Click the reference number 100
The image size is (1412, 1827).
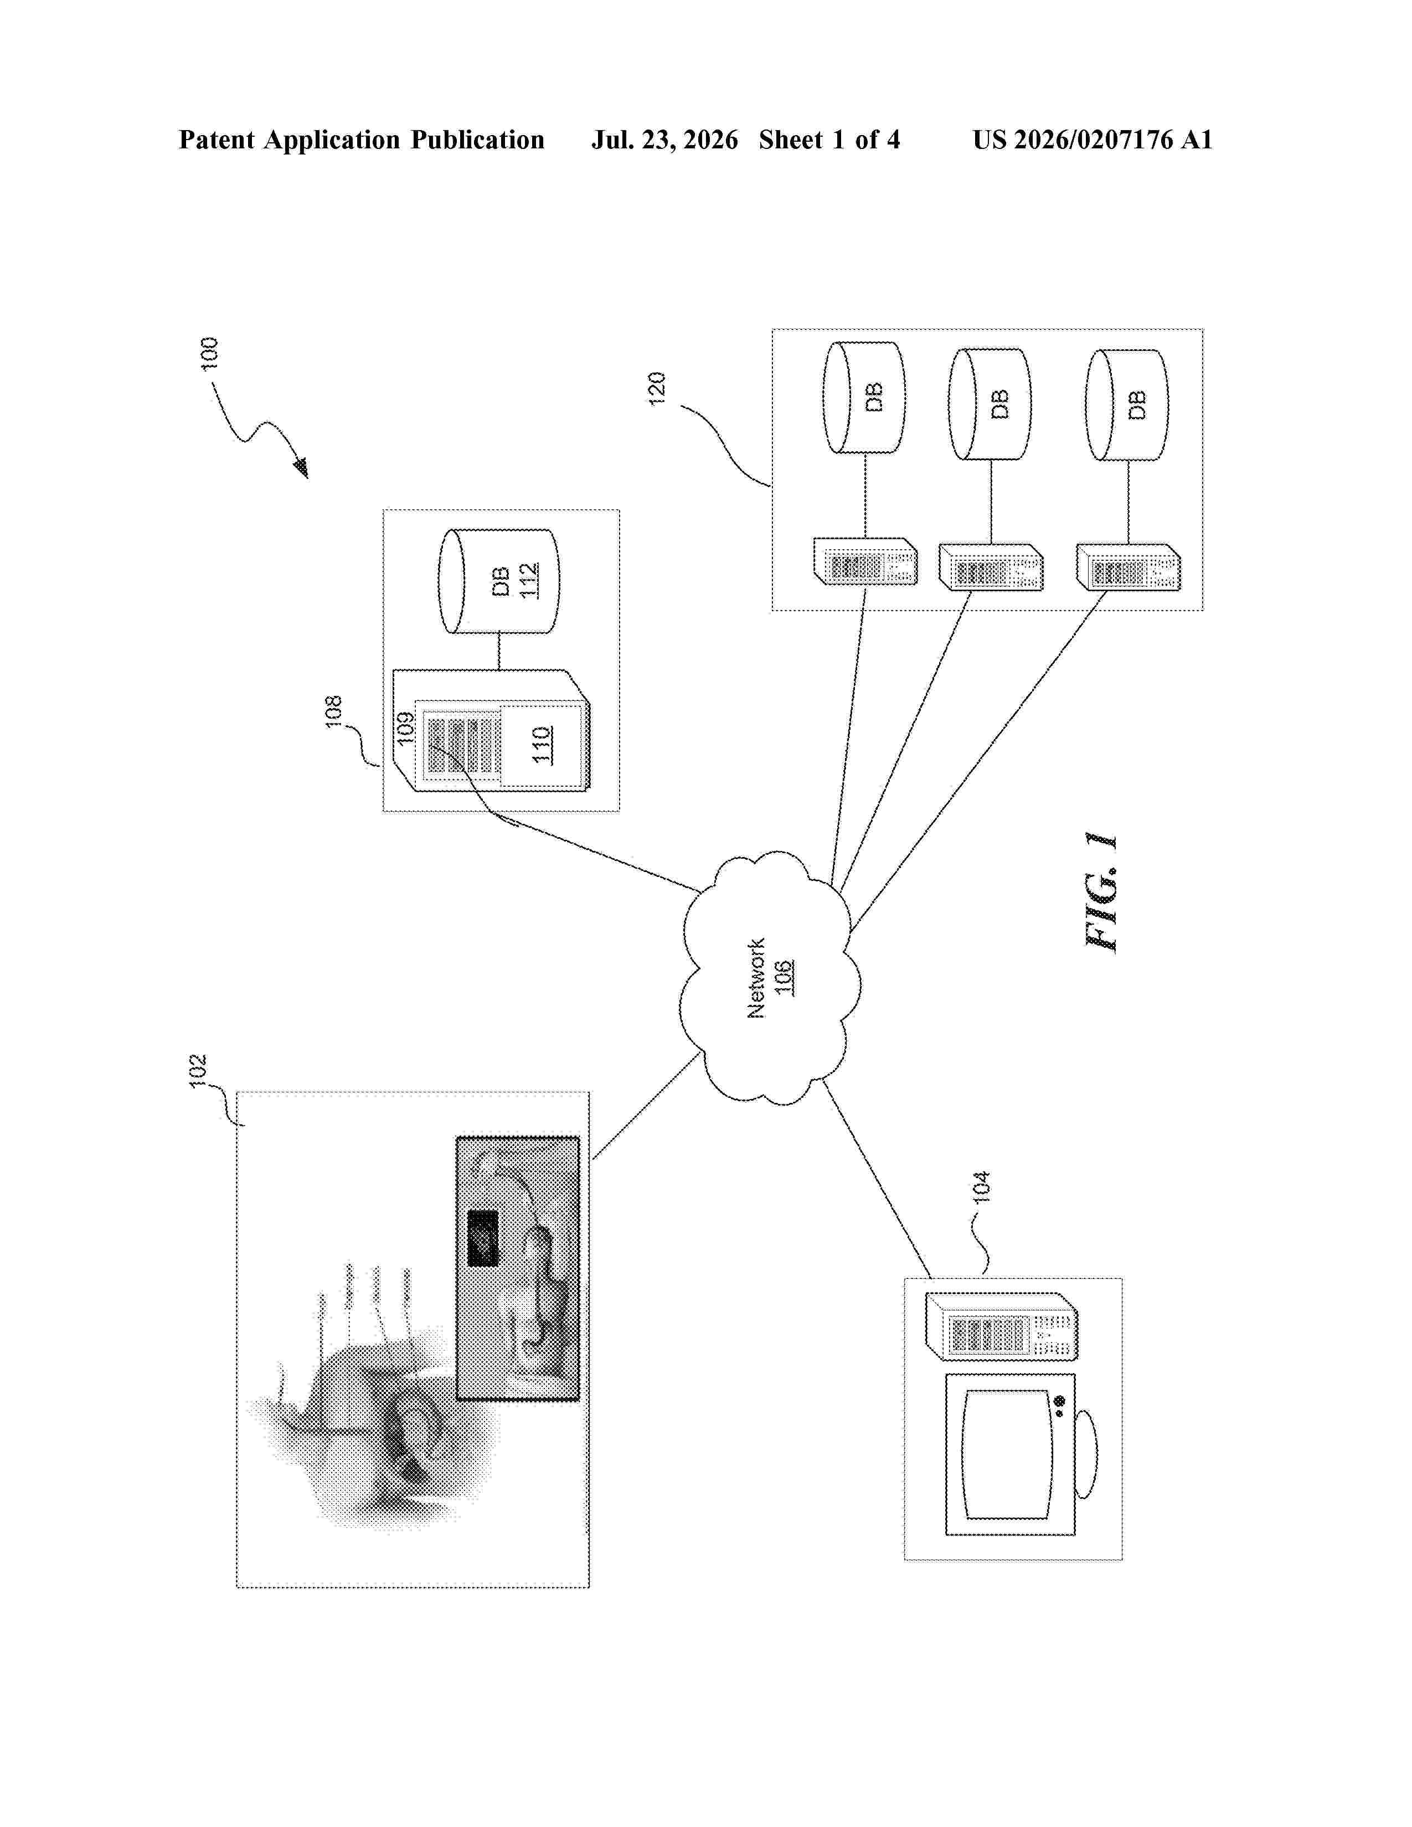point(209,353)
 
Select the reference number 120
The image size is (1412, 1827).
point(657,388)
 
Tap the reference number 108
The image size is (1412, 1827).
point(333,712)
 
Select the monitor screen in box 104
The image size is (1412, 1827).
point(1006,1454)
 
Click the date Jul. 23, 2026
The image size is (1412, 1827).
point(665,140)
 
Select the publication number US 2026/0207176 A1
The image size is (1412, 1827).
point(1093,140)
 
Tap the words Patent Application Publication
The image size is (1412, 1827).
point(362,140)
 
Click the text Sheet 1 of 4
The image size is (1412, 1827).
point(830,140)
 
